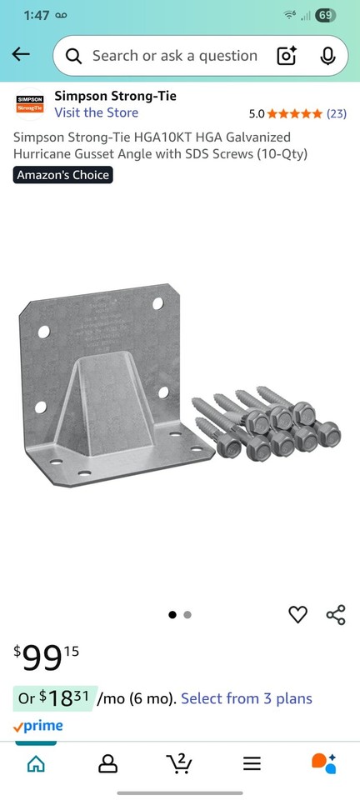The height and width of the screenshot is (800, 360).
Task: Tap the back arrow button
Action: [21, 55]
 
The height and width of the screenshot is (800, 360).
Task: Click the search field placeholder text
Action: [174, 56]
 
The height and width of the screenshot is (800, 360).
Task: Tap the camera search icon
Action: [287, 56]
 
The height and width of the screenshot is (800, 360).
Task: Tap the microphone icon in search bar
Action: [327, 56]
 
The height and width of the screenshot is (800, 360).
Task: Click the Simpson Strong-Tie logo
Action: [30, 104]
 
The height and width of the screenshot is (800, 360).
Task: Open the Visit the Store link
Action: [97, 112]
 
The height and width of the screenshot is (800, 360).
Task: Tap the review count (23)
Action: [337, 113]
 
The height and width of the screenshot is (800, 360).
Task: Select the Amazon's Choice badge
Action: [62, 175]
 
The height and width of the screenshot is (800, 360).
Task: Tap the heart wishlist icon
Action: [297, 615]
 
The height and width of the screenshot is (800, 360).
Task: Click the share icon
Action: [336, 615]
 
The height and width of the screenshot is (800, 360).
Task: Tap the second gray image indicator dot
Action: [187, 615]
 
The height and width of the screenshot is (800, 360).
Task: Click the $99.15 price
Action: [47, 657]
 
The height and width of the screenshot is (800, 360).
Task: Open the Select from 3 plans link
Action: [247, 698]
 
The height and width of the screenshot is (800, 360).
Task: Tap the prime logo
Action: [37, 726]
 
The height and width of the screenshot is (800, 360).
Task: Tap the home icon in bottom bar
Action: [36, 763]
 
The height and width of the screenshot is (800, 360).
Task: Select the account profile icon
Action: [107, 763]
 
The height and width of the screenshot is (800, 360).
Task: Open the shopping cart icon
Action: [179, 762]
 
